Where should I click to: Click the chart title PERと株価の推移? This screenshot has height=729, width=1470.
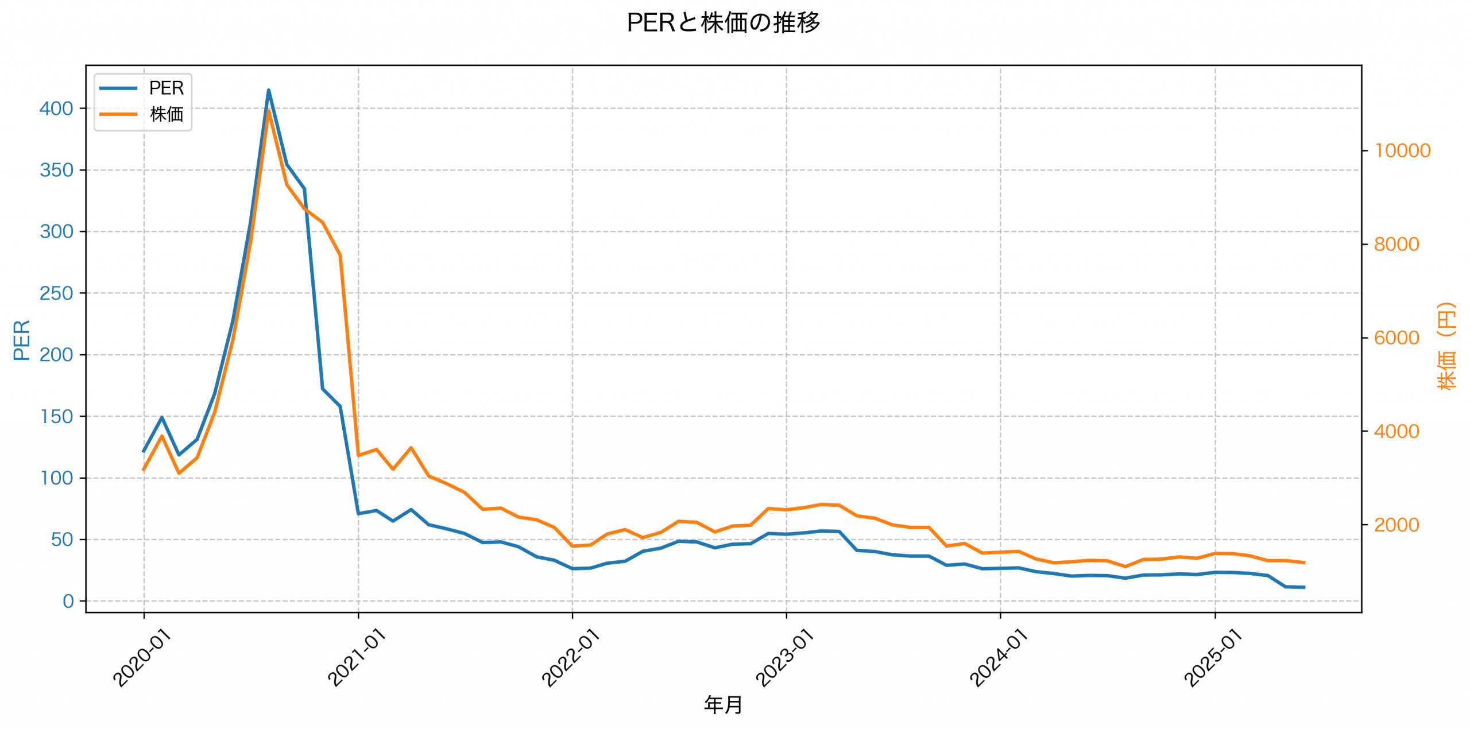tap(723, 23)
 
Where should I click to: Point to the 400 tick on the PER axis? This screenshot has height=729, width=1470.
tap(56, 108)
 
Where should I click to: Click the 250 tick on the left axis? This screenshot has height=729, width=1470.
tap(56, 293)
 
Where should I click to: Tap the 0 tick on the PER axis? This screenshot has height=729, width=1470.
tap(68, 601)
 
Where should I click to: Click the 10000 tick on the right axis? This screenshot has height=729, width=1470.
tap(1402, 151)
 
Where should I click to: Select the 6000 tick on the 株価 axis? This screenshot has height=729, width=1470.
tap(1396, 338)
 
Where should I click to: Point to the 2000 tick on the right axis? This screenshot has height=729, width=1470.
tap(1396, 525)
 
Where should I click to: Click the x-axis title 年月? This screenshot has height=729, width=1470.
tap(723, 705)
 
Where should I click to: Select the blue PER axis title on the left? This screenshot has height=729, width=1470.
tap(22, 340)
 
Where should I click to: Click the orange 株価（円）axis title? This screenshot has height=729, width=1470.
tap(1446, 347)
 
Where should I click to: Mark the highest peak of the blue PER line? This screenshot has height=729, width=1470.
tap(268, 90)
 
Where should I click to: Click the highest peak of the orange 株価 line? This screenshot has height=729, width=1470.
tap(269, 110)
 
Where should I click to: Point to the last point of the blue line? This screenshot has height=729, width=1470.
tap(1305, 587)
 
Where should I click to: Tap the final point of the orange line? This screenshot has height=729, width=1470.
tap(1305, 563)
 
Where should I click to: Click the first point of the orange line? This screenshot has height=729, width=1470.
tap(144, 470)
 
